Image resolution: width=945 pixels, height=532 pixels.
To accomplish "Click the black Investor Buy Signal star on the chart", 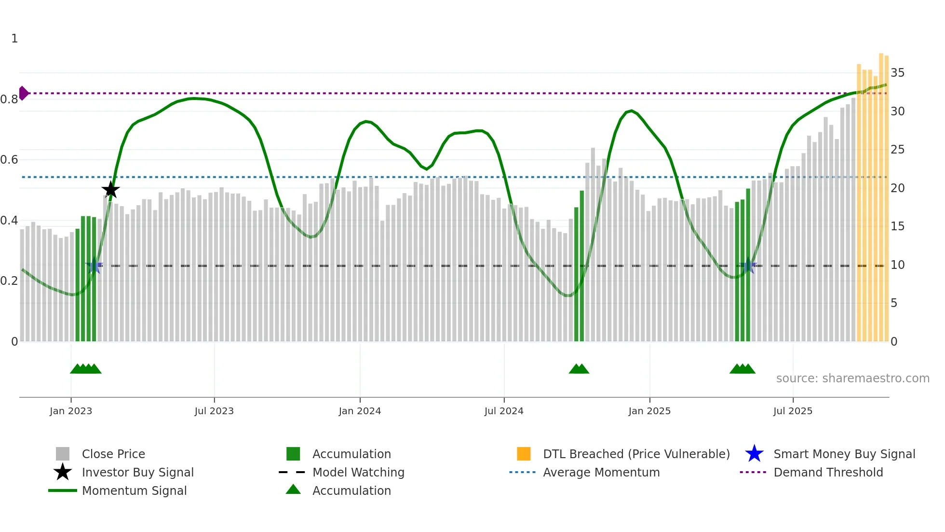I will [110, 190].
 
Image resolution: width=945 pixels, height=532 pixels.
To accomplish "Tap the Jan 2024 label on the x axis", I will [360, 411].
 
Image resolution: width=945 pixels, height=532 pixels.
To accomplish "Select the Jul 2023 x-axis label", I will [214, 411].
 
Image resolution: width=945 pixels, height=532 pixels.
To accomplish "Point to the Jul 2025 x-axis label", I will [793, 411].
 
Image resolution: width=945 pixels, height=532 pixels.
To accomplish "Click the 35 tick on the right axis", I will [897, 73].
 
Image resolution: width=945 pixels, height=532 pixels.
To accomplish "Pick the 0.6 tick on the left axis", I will [9, 160].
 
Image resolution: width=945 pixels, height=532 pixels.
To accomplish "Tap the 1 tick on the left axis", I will [14, 39].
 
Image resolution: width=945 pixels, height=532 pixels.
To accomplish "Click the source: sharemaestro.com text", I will [852, 378].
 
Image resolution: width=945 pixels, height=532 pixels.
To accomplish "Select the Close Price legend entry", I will [113, 454].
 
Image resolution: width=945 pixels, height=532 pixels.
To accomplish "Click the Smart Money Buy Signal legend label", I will [844, 454].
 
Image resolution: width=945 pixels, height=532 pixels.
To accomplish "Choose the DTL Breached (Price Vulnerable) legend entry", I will [636, 454].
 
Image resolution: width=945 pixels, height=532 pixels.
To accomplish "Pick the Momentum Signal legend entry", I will [134, 491].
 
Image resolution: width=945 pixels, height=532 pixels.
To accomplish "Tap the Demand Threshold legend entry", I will [828, 473].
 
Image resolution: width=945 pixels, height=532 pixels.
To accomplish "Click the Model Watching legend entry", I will [358, 473].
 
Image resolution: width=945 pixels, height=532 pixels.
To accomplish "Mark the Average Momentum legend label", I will [601, 473].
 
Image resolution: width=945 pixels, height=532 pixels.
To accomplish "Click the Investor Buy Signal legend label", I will [137, 473].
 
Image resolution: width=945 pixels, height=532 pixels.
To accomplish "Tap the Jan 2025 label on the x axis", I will [649, 411].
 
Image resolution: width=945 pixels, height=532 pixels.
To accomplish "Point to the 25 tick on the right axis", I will [897, 150].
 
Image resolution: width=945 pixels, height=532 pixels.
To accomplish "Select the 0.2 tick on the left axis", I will [9, 281].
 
